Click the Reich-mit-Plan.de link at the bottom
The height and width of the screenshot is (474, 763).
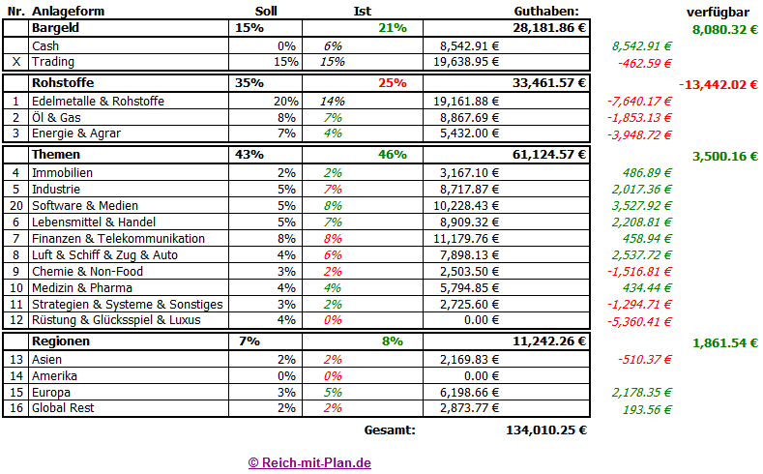tap(309, 462)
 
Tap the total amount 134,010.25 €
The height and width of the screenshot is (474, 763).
tap(545, 430)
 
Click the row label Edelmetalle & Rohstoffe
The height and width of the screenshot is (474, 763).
tap(98, 101)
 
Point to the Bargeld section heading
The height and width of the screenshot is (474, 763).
tap(55, 28)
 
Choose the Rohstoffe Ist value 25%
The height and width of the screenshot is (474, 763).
tap(392, 83)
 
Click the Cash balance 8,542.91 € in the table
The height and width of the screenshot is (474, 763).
tap(469, 45)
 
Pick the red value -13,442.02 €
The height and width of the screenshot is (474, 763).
tap(719, 84)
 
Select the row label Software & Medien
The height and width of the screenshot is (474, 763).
tap(85, 206)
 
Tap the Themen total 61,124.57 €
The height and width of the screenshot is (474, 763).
tap(545, 155)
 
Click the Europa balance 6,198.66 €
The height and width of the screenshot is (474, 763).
tap(469, 393)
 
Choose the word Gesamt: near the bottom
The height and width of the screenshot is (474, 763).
tap(390, 430)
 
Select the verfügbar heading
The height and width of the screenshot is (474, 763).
tap(717, 11)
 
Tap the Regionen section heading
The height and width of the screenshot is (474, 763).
tap(61, 341)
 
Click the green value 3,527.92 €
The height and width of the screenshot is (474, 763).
tap(642, 206)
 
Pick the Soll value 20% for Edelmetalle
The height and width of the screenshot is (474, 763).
tap(285, 101)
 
